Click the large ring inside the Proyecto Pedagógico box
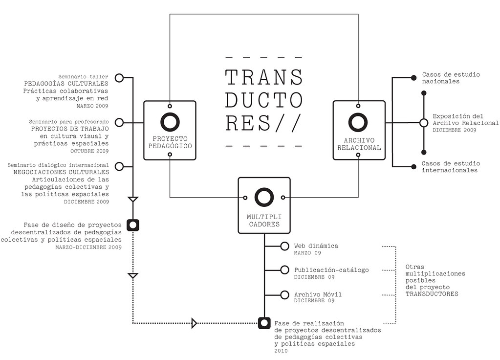click(x=170, y=123)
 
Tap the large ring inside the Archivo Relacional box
click(x=358, y=122)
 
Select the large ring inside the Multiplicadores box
click(x=264, y=197)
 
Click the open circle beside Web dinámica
click(x=284, y=247)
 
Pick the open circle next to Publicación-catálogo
click(x=284, y=270)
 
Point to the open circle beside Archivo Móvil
click(x=284, y=294)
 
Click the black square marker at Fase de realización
click(x=264, y=323)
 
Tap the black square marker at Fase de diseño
click(x=133, y=225)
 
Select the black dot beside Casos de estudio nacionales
click(x=413, y=77)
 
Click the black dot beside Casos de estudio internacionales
click(x=413, y=166)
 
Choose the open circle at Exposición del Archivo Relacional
click(x=424, y=122)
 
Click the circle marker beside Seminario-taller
click(x=119, y=77)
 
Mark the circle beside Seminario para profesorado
click(x=119, y=122)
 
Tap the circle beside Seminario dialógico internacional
click(x=119, y=166)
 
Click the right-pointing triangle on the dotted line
click(x=194, y=323)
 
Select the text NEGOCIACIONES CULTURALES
click(x=61, y=172)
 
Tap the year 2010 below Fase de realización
click(x=281, y=351)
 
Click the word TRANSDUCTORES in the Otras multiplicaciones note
click(x=432, y=294)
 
